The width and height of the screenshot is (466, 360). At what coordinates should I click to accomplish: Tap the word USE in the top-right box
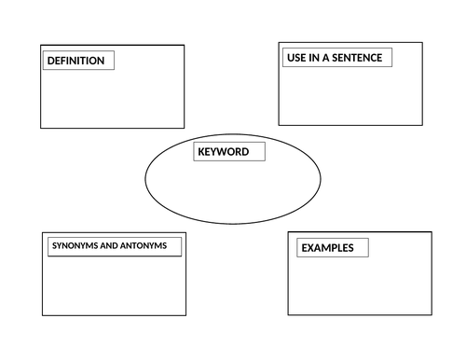tap(295, 58)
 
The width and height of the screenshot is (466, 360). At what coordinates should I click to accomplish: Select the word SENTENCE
tap(356, 58)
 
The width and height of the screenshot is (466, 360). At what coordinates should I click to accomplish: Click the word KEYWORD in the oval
tap(223, 151)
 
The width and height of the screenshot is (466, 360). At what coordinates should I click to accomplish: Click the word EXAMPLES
tap(326, 248)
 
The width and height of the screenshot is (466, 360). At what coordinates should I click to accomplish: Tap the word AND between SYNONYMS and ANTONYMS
tap(111, 246)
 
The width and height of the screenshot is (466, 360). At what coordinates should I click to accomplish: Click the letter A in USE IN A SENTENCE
tap(324, 58)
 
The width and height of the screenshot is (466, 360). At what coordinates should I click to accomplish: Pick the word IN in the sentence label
tap(313, 58)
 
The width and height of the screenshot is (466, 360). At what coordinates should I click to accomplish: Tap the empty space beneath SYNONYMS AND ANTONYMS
tap(114, 284)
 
